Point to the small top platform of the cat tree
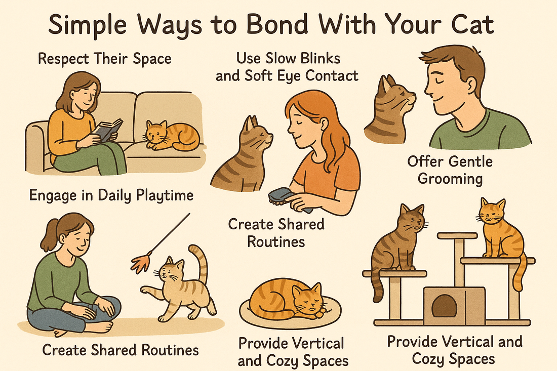[457, 235]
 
